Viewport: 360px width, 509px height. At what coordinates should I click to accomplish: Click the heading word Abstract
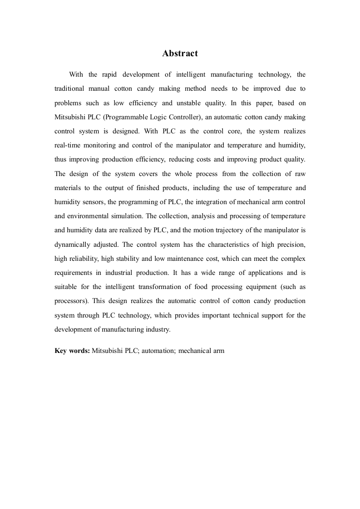(x=180, y=54)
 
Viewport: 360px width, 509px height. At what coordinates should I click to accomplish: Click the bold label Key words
(x=72, y=351)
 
